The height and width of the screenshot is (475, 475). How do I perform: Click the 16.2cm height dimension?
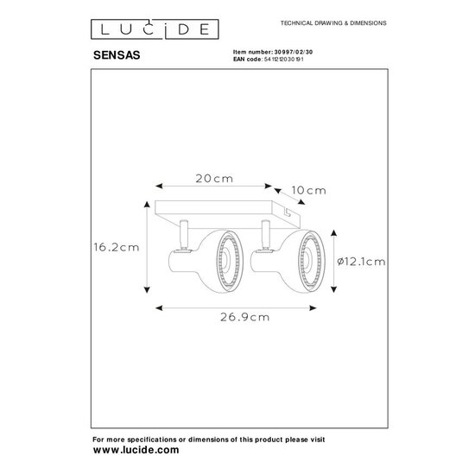117,245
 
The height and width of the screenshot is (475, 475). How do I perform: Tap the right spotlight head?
288,256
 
